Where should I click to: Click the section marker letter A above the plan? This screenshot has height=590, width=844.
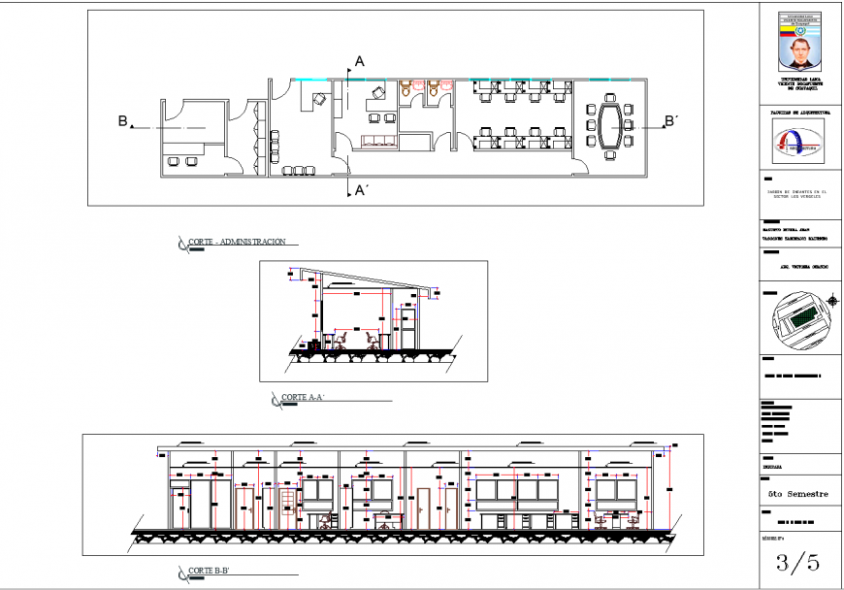pyautogui.click(x=359, y=61)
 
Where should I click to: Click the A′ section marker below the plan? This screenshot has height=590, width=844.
pyautogui.click(x=361, y=190)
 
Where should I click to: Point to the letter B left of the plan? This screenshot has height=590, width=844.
pyautogui.click(x=123, y=121)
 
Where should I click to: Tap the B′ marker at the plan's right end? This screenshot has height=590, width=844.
pyautogui.click(x=670, y=121)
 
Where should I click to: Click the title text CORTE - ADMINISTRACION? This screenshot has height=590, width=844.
pyautogui.click(x=238, y=242)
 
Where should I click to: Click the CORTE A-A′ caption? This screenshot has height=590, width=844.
pyautogui.click(x=303, y=398)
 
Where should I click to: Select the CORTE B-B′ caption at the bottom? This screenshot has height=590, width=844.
pyautogui.click(x=211, y=571)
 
